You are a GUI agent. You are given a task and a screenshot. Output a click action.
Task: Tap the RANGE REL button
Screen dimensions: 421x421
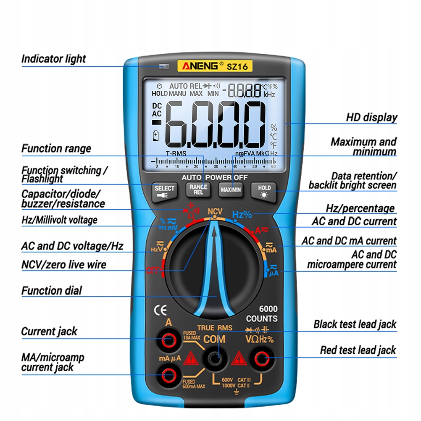(197, 189)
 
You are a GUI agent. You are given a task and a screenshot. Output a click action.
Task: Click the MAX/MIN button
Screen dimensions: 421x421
(231, 190)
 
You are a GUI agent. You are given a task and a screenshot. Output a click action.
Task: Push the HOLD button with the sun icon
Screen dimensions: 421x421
(264, 190)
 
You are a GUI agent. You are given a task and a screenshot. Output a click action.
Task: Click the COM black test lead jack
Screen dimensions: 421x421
(215, 358)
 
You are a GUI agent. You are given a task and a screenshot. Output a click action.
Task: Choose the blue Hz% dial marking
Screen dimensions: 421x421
(242, 215)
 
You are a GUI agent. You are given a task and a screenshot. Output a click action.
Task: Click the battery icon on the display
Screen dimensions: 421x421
(156, 135)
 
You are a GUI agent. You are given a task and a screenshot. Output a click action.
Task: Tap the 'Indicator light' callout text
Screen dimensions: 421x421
(53, 59)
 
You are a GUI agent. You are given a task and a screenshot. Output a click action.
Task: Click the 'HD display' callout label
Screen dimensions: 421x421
(371, 117)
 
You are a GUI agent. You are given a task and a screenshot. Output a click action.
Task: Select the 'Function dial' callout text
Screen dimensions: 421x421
(52, 290)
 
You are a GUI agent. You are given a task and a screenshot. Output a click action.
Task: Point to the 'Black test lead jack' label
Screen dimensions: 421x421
(355, 324)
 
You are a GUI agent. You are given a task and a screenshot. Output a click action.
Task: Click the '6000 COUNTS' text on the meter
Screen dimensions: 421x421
(262, 314)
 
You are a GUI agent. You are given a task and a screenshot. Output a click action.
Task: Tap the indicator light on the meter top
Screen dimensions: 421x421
(164, 66)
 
